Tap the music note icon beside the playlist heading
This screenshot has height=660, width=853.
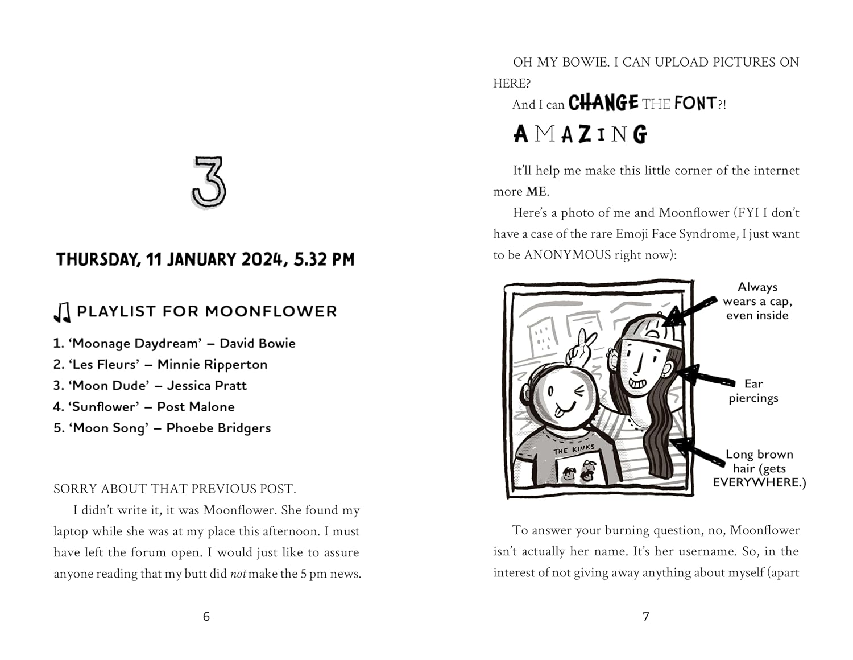[x=62, y=312]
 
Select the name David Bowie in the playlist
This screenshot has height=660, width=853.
[x=258, y=343]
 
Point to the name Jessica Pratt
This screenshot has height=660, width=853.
[x=207, y=385]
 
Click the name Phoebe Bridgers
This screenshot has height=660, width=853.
[x=218, y=428]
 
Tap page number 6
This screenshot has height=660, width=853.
[x=206, y=616]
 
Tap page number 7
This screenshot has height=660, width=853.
[x=645, y=616]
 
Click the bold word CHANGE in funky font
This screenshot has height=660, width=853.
[x=603, y=103]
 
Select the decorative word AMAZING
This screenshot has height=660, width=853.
[x=580, y=134]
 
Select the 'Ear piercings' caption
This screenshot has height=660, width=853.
[x=753, y=391]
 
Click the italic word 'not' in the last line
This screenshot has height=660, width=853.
[x=238, y=574]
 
